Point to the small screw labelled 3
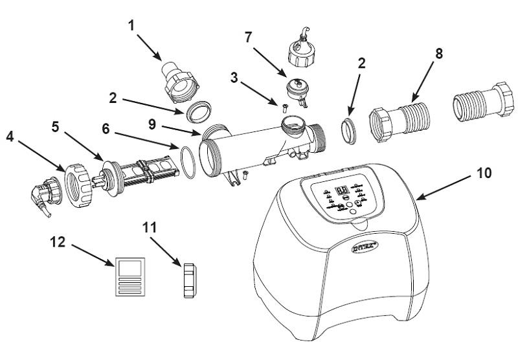click(284, 105)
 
